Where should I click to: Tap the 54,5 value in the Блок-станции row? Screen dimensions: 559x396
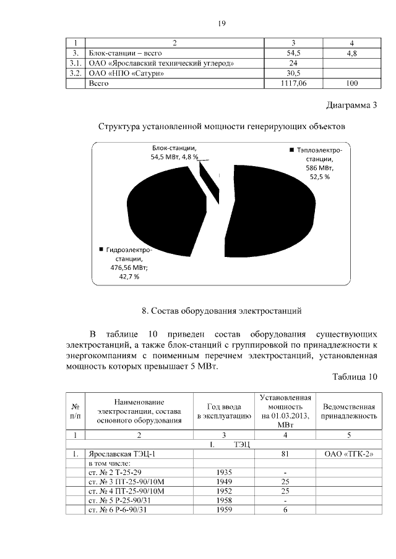294,54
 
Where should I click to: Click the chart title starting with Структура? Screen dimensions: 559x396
220,127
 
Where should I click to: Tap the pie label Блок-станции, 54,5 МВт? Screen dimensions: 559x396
175,153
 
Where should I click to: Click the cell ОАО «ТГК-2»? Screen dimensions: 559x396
350,455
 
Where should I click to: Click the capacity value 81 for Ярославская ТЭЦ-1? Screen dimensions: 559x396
285,455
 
